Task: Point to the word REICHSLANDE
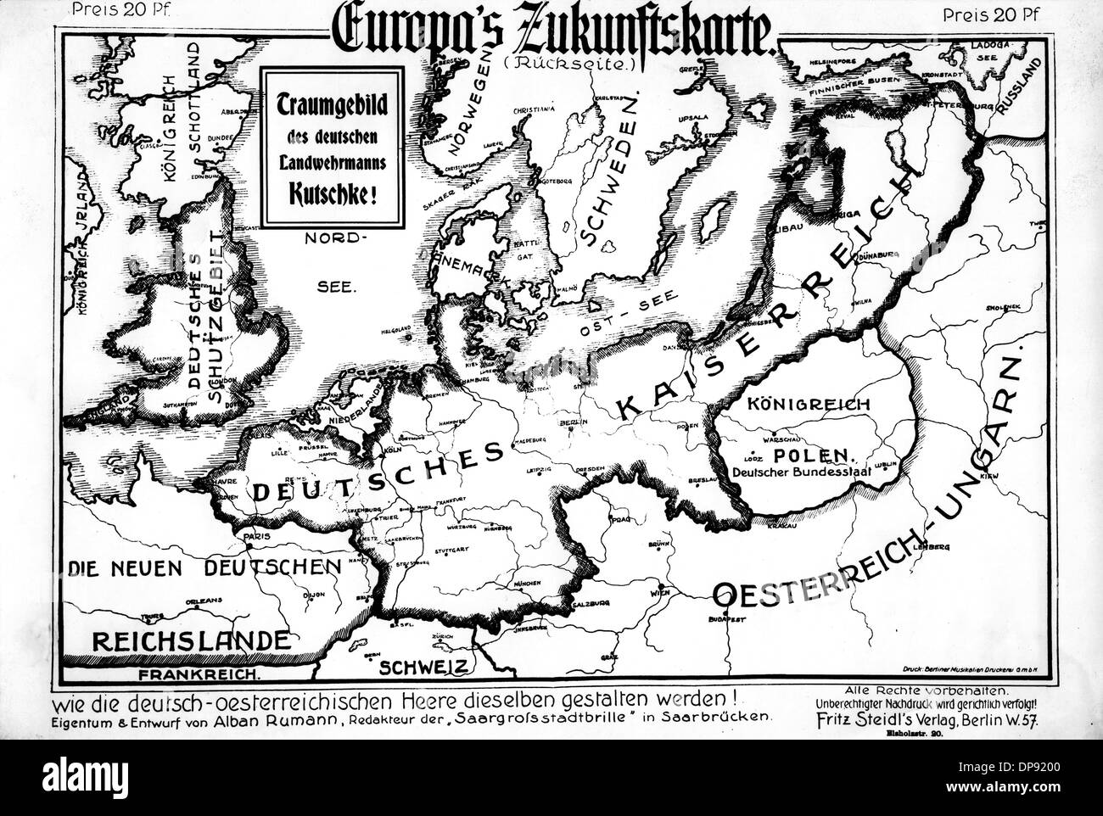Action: (x=172, y=640)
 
